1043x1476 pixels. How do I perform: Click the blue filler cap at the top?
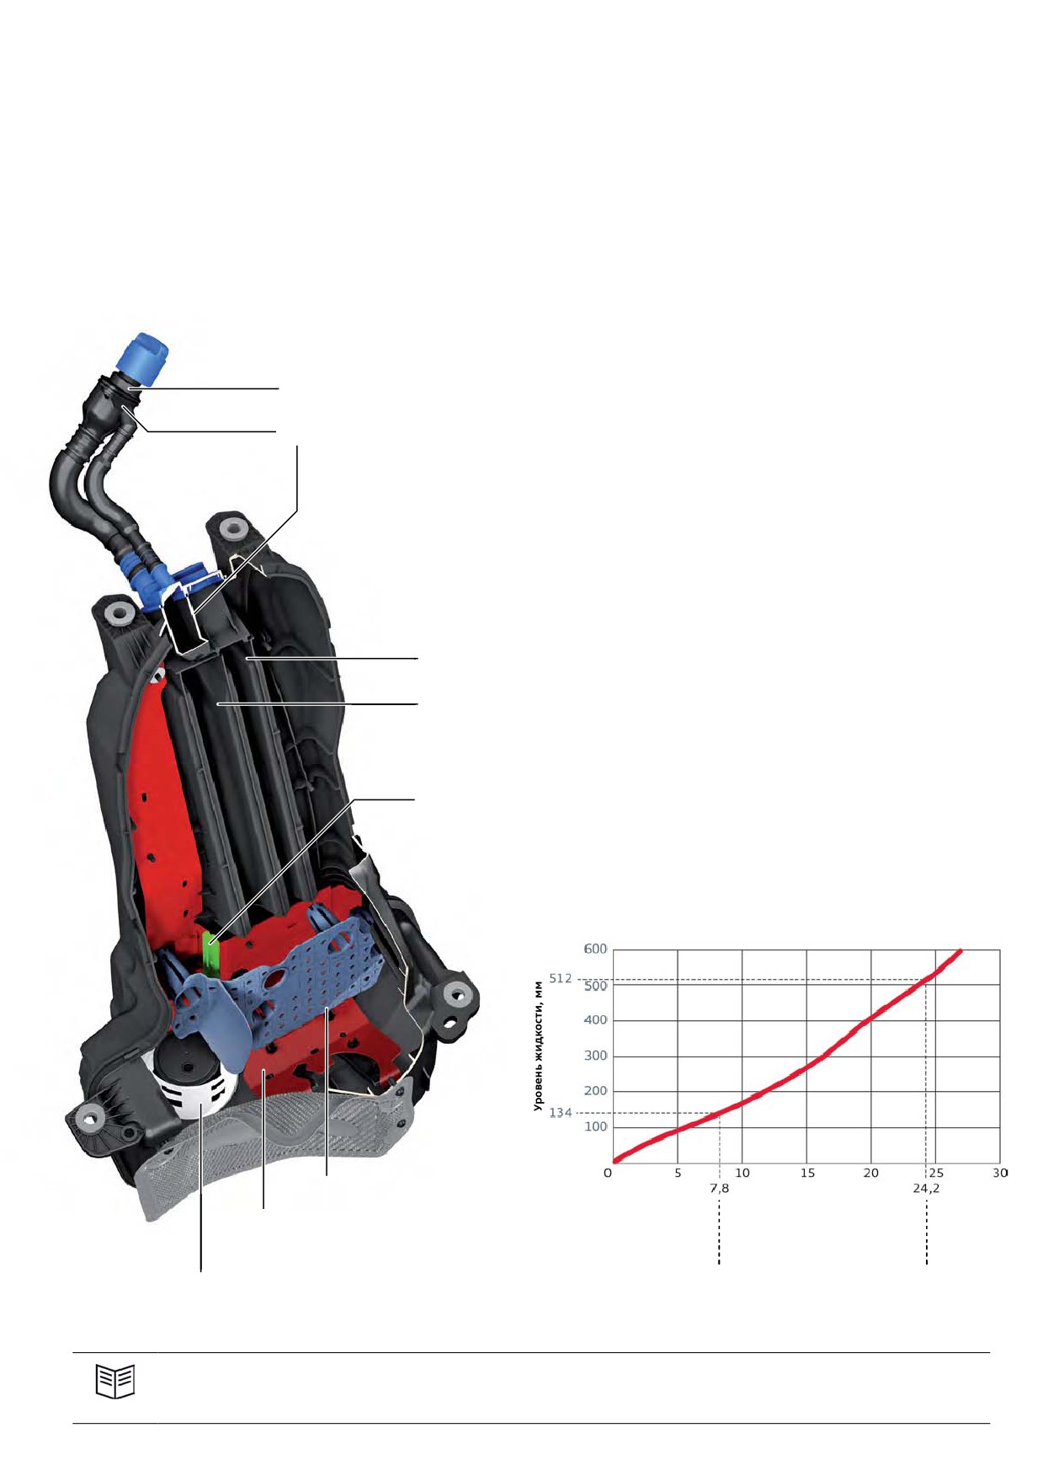[x=146, y=360]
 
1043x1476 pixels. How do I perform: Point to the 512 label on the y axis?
[x=561, y=979]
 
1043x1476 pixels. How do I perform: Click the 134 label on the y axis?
[x=561, y=1113]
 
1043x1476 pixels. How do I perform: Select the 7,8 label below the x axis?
[x=720, y=1189]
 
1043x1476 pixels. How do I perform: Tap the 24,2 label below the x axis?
[x=926, y=1189]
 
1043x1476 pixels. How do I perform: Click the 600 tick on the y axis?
[x=595, y=949]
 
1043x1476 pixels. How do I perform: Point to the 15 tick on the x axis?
[x=807, y=1173]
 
